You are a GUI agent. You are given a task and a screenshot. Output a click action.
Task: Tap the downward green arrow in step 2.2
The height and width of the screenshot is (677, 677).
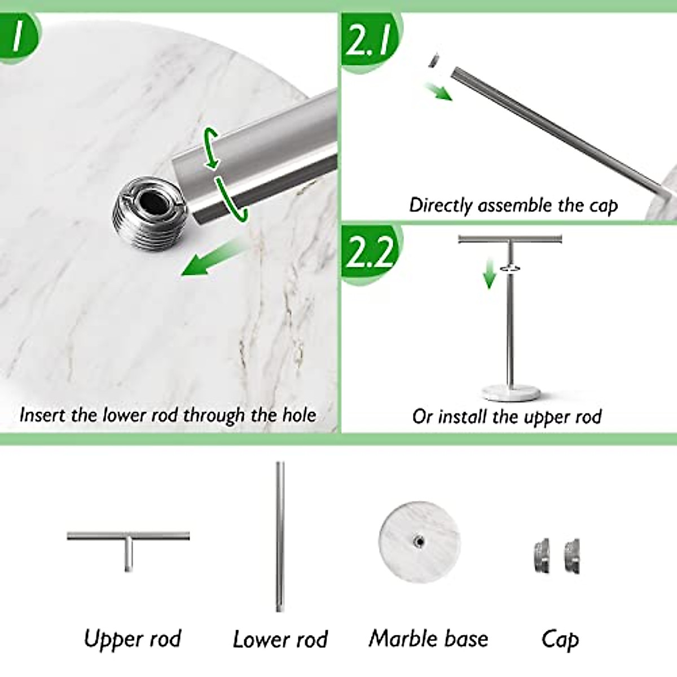[x=489, y=277]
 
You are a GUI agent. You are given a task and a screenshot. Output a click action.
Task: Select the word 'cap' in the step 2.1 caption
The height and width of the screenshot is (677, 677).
[x=603, y=205]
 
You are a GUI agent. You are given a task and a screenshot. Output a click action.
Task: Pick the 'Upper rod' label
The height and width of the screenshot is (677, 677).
[x=132, y=639]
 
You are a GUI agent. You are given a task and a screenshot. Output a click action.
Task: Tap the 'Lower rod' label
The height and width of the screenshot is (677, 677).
[x=280, y=640]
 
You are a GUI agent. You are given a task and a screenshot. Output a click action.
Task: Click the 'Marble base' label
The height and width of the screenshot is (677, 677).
[x=428, y=639]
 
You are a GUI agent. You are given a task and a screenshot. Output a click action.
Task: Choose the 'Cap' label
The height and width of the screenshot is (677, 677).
[x=560, y=639]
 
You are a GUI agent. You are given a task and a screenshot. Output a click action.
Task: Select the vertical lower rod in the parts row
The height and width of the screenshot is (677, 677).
[x=279, y=536]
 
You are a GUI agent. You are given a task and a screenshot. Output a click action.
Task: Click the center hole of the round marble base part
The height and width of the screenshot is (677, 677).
[x=419, y=542]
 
